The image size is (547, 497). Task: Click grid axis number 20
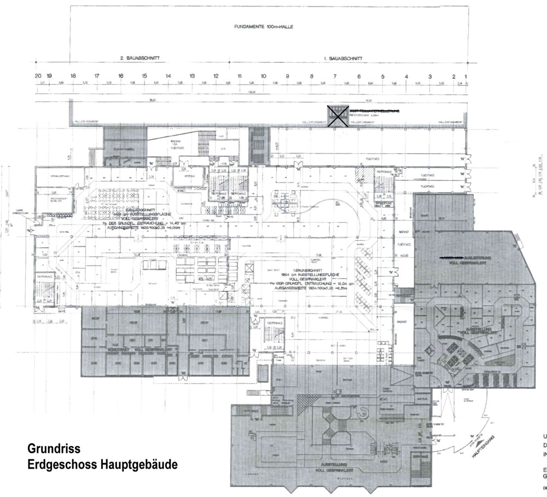click(x=38, y=76)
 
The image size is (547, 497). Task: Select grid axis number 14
click(x=168, y=76)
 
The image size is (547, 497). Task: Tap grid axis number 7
click(x=335, y=76)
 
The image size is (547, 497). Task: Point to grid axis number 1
click(x=466, y=76)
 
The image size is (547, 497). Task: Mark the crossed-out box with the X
click(x=339, y=116)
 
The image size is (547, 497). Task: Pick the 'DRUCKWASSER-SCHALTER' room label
click(x=59, y=200)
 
